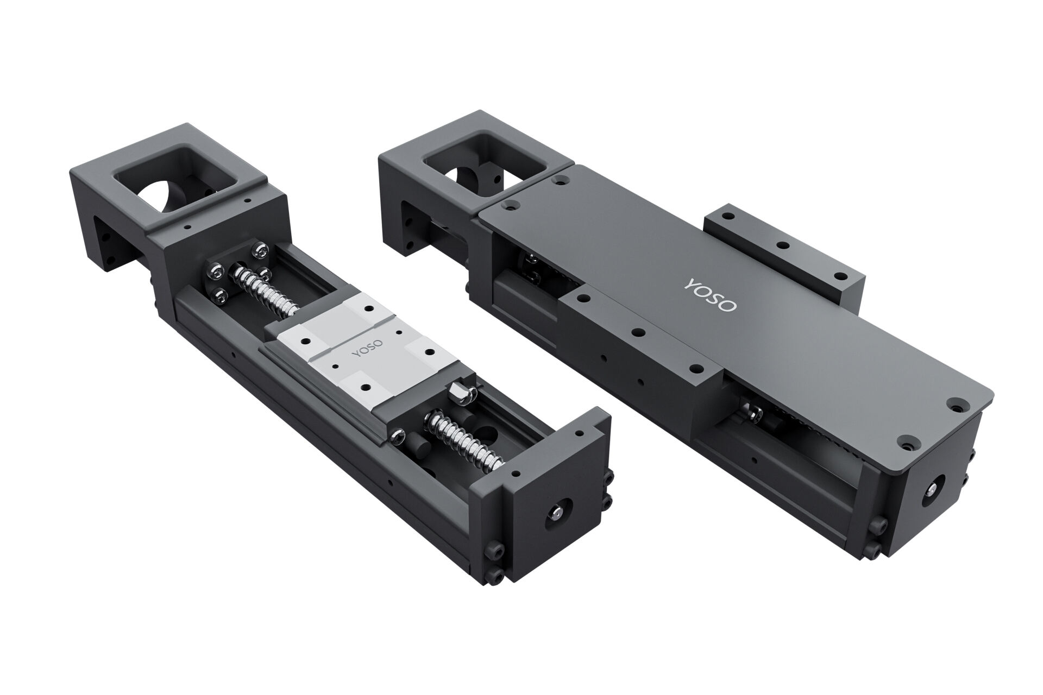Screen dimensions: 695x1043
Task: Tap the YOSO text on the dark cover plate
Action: click(x=711, y=295)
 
